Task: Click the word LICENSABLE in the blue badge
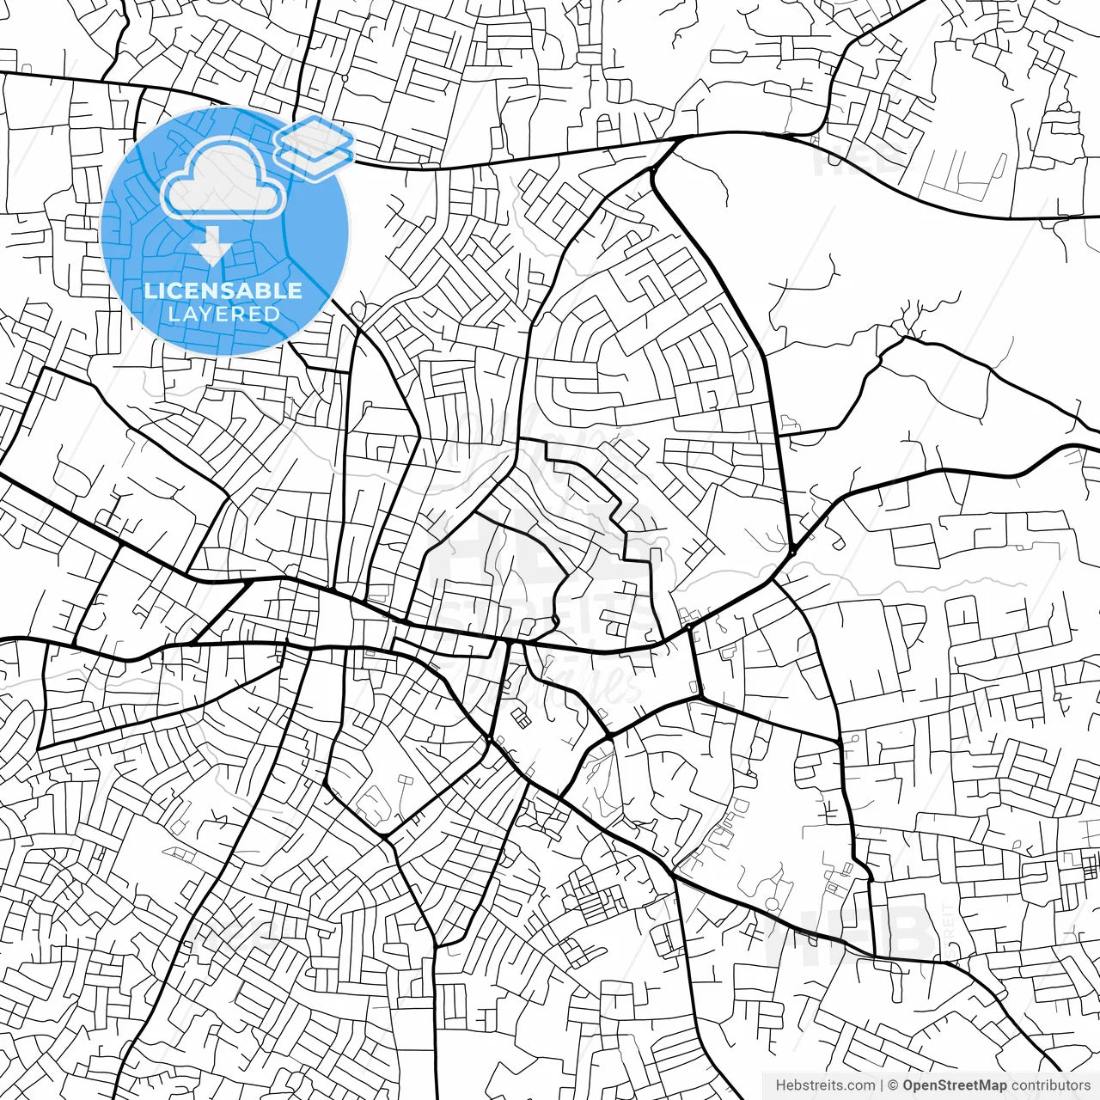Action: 223,290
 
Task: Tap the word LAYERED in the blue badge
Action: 223,314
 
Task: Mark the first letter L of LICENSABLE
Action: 150,290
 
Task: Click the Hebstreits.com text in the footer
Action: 825,1085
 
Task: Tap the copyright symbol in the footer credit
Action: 893,1085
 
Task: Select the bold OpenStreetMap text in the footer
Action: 954,1085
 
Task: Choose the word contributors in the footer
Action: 1050,1085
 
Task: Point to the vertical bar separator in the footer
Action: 882,1085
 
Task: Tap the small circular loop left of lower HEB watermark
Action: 773,903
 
